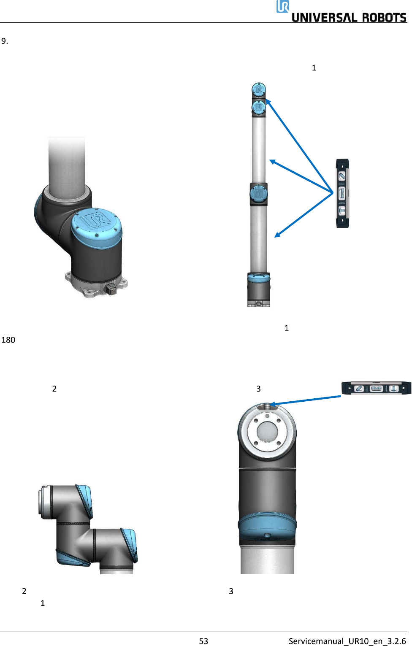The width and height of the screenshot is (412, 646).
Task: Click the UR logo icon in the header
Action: click(x=283, y=6)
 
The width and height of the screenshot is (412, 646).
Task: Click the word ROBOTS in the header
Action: click(x=384, y=18)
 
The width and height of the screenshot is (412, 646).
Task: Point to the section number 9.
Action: click(x=5, y=41)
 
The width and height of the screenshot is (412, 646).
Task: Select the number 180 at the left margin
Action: click(x=8, y=340)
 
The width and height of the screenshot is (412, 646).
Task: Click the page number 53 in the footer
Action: click(x=203, y=641)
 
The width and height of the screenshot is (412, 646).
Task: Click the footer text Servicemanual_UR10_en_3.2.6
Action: click(x=347, y=641)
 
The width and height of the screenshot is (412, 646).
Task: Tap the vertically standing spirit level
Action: click(x=342, y=193)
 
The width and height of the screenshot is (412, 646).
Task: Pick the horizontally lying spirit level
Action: click(x=376, y=388)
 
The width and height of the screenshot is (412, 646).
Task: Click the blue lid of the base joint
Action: click(x=96, y=224)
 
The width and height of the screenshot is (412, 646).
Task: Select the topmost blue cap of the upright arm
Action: click(x=259, y=89)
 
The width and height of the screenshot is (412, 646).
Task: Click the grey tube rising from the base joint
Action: click(x=67, y=165)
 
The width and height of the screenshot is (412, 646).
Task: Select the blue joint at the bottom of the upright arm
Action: click(x=259, y=278)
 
